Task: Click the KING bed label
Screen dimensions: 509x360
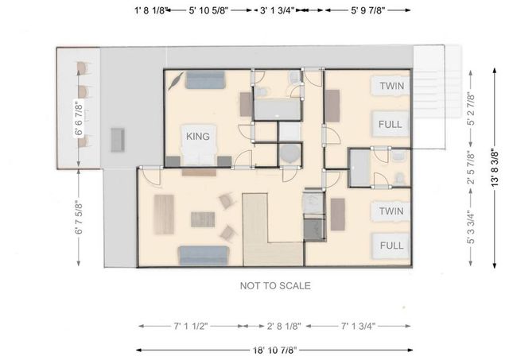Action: (198, 136)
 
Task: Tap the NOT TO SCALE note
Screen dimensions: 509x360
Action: (275, 286)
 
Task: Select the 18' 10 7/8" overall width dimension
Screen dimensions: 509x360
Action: (275, 350)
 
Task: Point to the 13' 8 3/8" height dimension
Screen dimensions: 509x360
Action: (495, 168)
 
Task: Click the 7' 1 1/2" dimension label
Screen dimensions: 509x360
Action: (191, 326)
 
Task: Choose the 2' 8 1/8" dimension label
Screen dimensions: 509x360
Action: (284, 326)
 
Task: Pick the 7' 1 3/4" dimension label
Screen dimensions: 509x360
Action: (358, 326)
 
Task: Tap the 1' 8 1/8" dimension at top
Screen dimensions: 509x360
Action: (150, 10)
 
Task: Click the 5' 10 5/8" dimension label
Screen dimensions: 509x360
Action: (208, 10)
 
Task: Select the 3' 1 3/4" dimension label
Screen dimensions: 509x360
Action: (277, 10)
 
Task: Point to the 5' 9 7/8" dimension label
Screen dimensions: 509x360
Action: (367, 10)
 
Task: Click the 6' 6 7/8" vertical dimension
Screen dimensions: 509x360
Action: (79, 118)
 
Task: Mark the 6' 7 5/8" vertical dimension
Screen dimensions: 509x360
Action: (79, 219)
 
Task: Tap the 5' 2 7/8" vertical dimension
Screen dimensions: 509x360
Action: (471, 109)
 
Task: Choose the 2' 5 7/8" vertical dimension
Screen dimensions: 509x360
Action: (471, 168)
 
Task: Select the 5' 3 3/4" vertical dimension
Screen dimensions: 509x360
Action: (471, 227)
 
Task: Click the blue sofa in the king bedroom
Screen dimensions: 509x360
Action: (205, 79)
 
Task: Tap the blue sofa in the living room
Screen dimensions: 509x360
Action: (204, 256)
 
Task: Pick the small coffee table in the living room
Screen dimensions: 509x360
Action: (203, 219)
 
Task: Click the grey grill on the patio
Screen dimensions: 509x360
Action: (118, 140)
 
